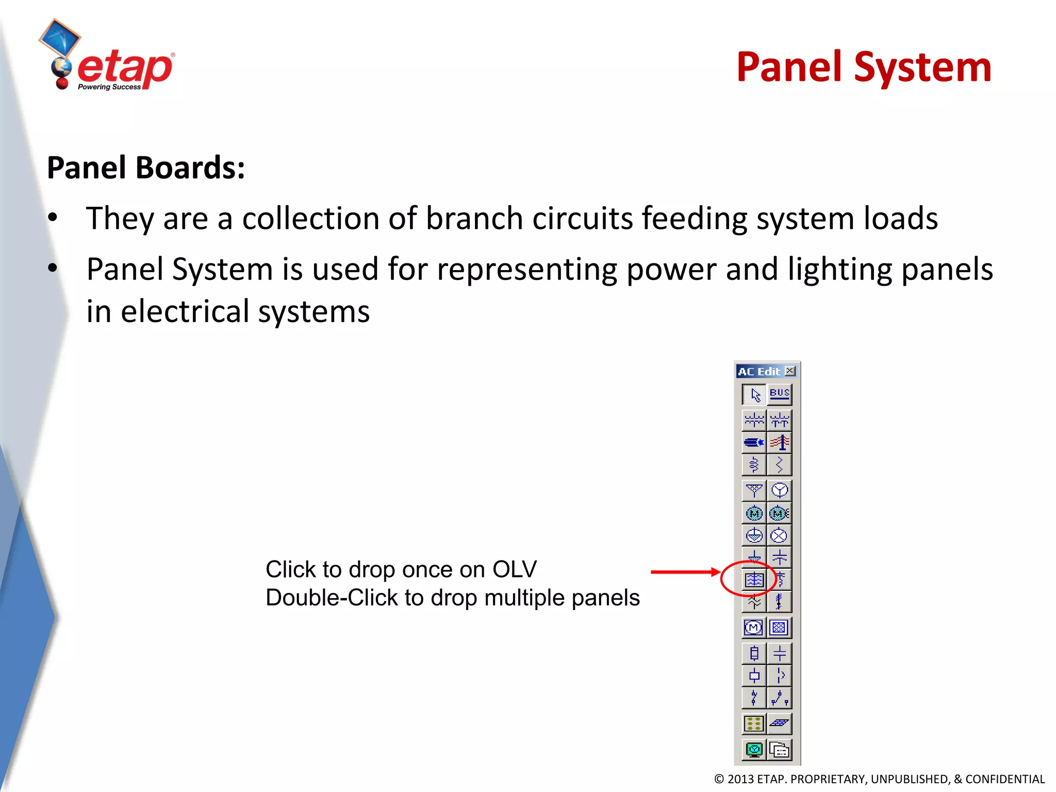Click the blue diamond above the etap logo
point(60,37)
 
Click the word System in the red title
point(922,68)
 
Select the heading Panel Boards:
point(146,168)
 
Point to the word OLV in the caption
point(514,570)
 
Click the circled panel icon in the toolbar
point(754,580)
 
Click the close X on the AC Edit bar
point(790,371)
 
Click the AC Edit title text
point(758,371)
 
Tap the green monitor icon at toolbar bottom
point(754,749)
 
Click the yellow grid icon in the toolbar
point(754,724)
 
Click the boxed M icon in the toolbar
point(753,628)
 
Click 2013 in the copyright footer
point(740,779)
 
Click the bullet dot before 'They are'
point(53,218)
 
